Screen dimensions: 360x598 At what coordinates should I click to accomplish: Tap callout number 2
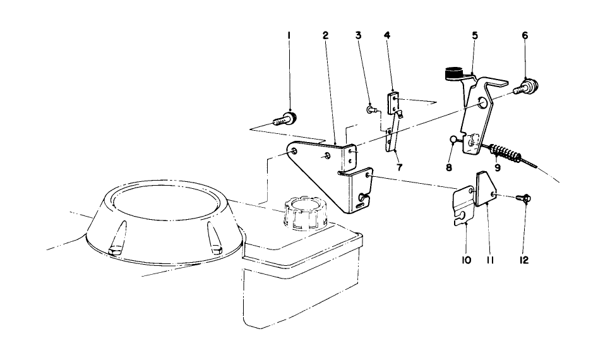click(325, 36)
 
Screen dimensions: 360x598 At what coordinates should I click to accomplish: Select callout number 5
click(474, 36)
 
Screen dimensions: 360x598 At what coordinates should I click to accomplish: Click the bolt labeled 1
click(285, 117)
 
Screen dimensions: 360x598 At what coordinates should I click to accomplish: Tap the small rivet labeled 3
click(371, 110)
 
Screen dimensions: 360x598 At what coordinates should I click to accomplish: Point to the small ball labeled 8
click(453, 139)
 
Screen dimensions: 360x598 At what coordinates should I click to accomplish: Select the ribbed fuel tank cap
click(305, 212)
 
